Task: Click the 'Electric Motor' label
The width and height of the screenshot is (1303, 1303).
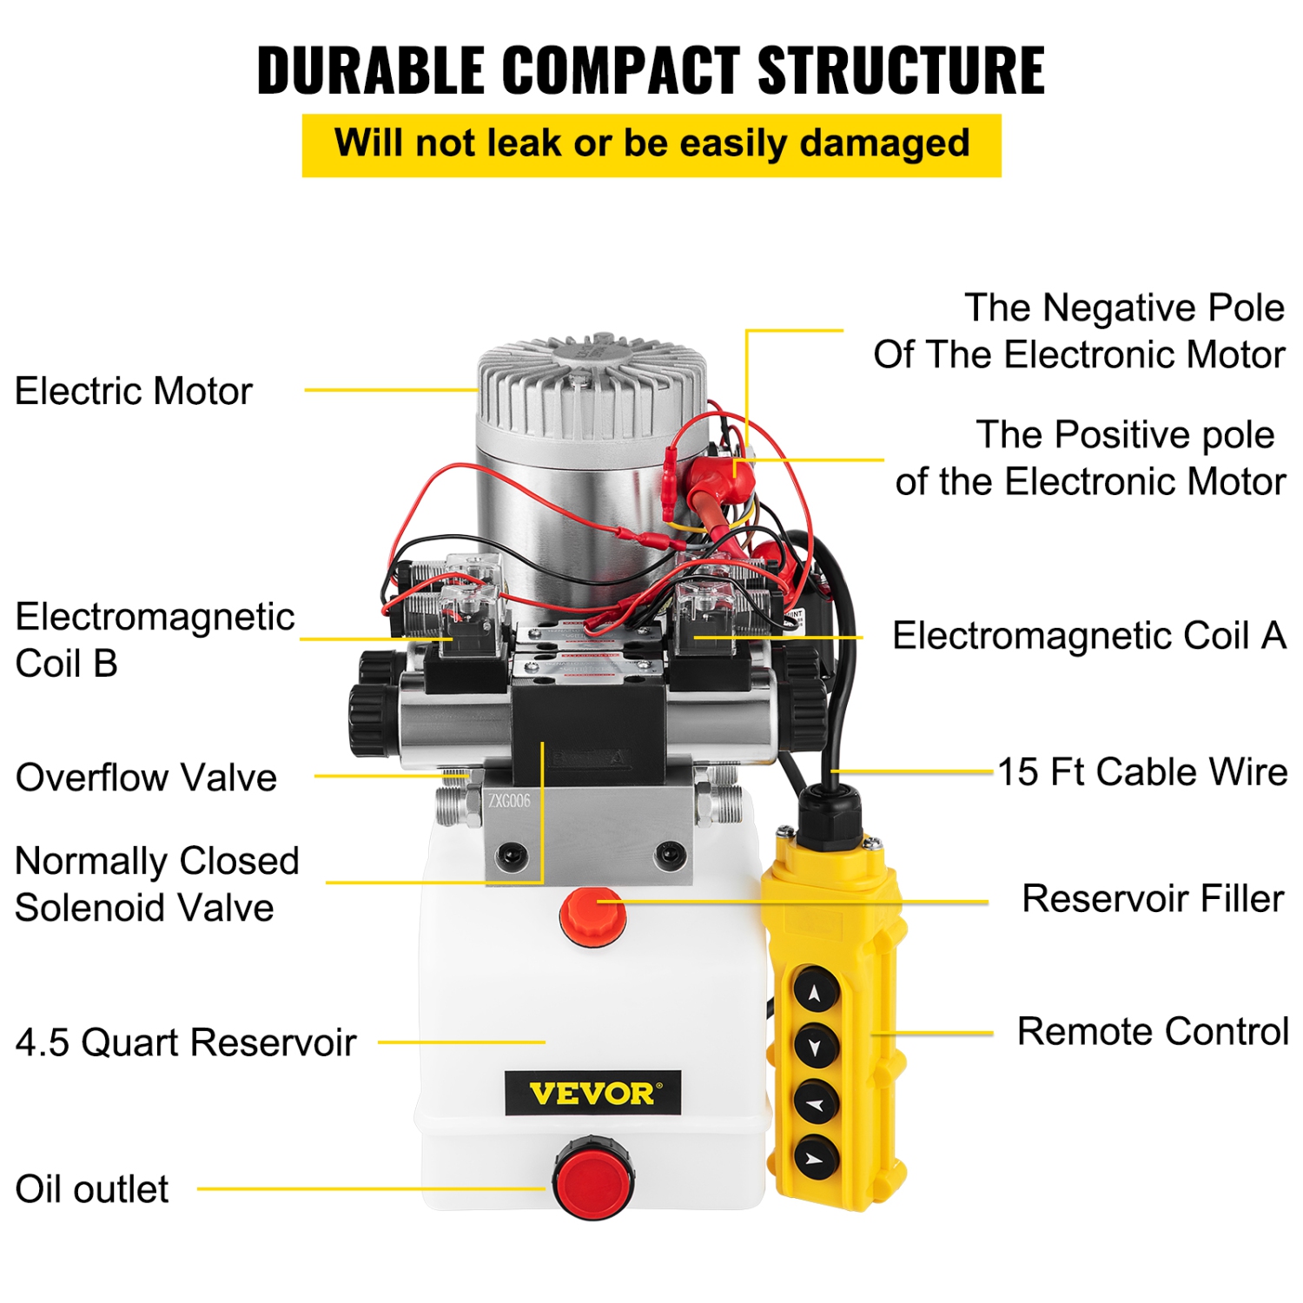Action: click(x=134, y=391)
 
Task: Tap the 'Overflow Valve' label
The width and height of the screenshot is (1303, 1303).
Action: click(x=146, y=777)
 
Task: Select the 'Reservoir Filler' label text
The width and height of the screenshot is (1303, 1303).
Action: click(x=1152, y=899)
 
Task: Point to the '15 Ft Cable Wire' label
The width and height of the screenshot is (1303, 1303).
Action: click(x=1141, y=772)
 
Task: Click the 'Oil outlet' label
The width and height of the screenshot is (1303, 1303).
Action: click(x=92, y=1189)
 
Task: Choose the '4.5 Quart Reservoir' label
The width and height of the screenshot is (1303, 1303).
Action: click(x=186, y=1042)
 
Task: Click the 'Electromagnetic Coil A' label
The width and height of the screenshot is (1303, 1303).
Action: click(x=1088, y=636)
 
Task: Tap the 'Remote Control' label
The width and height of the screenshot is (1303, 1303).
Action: click(x=1152, y=1032)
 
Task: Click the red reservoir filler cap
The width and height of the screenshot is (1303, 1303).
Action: click(x=593, y=916)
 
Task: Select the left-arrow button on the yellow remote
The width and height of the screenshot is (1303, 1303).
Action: click(x=815, y=1104)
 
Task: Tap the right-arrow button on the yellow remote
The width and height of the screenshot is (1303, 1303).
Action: click(x=815, y=1158)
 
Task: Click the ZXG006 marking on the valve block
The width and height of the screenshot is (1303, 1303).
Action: click(x=508, y=801)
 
